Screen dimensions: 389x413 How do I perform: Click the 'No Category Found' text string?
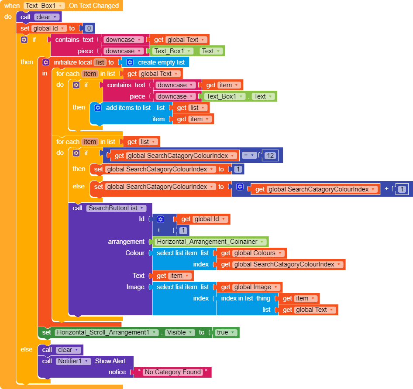coord(173,372)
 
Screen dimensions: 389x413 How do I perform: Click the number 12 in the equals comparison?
coord(270,155)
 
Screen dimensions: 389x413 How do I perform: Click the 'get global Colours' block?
coord(252,253)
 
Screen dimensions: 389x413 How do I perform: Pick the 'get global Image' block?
coord(250,287)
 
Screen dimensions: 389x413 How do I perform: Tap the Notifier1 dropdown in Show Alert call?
coord(73,361)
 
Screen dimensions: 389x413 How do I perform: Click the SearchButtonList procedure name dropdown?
coord(116,208)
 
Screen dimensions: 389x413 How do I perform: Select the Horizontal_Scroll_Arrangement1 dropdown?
coord(107,332)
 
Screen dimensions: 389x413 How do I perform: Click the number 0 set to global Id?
coord(89,28)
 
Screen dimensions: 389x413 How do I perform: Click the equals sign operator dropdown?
coord(249,155)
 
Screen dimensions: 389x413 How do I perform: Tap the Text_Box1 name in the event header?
coord(45,6)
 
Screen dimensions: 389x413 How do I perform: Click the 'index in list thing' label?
coord(245,298)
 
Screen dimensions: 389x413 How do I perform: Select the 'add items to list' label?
coord(128,108)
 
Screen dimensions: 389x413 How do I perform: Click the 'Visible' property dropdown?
coord(179,332)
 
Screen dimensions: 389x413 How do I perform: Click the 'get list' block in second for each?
coord(143,142)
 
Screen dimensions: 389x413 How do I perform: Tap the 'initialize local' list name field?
coord(100,62)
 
